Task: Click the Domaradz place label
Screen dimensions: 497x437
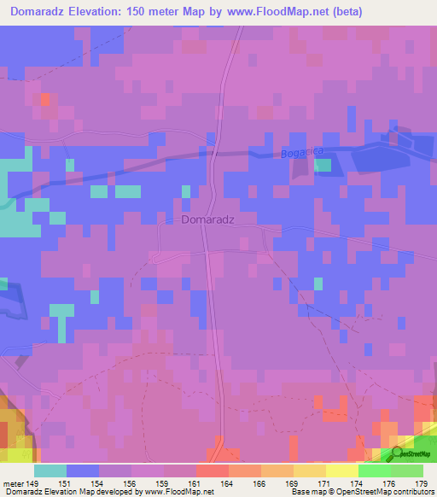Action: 208,219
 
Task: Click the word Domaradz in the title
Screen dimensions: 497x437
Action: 44,12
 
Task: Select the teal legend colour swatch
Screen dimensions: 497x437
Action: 50,471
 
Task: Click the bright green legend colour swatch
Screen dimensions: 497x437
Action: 374,471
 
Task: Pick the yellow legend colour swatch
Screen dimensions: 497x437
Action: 341,471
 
